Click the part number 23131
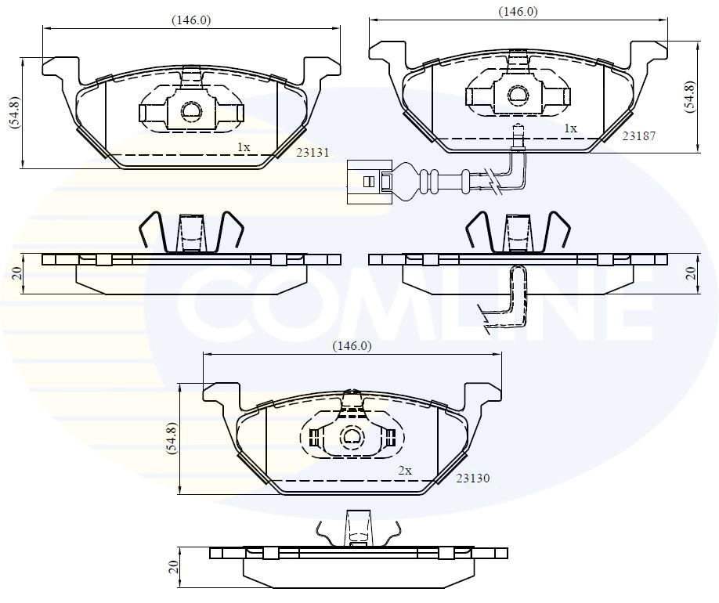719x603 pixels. click(x=311, y=154)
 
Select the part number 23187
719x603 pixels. click(x=638, y=135)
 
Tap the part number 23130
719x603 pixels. click(x=472, y=478)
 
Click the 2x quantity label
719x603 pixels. click(x=404, y=471)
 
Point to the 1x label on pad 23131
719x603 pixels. click(x=244, y=146)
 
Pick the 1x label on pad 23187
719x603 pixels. click(x=570, y=128)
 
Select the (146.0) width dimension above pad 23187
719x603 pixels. click(x=518, y=12)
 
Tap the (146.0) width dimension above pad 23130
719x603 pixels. click(x=352, y=345)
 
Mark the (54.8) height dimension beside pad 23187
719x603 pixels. click(x=689, y=97)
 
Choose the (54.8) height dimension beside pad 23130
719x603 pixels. click(x=172, y=439)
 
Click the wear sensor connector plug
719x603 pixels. click(x=368, y=181)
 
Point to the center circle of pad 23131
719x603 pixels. click(x=191, y=112)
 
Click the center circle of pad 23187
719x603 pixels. click(x=518, y=96)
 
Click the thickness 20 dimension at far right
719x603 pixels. click(x=689, y=273)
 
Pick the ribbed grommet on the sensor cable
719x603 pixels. click(x=430, y=181)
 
